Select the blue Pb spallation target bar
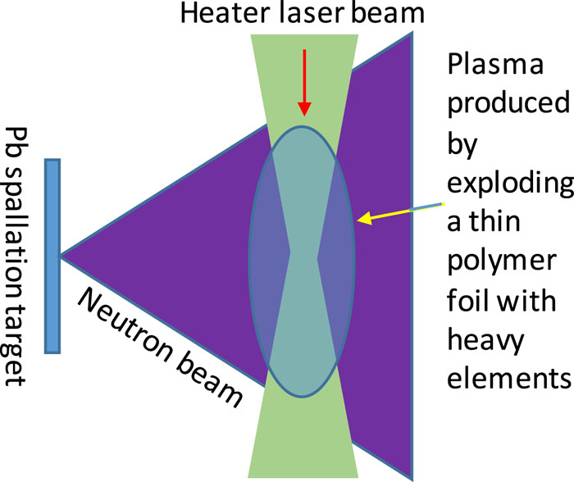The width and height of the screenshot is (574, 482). pyautogui.click(x=52, y=255)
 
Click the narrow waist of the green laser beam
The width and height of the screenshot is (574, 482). pyautogui.click(x=303, y=255)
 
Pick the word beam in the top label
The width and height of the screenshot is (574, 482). pyautogui.click(x=385, y=15)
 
